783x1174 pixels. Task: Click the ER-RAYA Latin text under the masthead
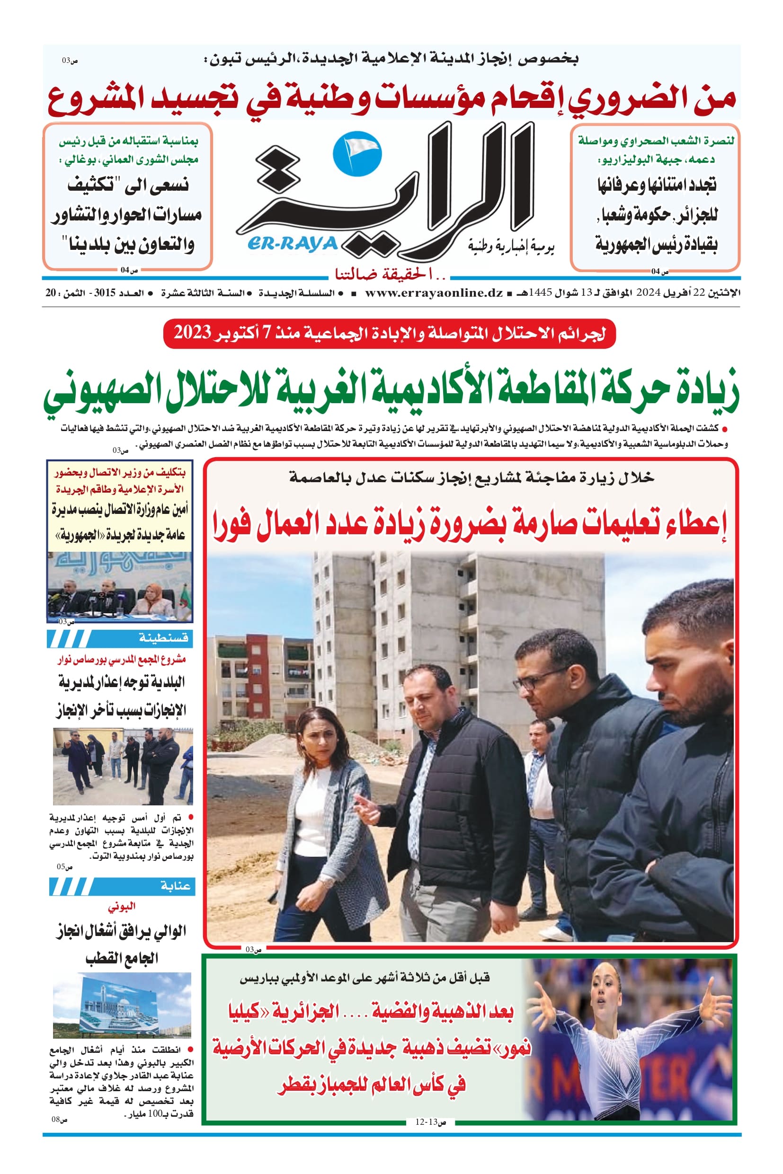coord(292,244)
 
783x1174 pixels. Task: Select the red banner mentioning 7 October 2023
coord(390,333)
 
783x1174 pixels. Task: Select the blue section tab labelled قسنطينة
coord(120,638)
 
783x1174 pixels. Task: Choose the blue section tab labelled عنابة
coord(122,886)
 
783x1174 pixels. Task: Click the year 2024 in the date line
coord(648,293)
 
